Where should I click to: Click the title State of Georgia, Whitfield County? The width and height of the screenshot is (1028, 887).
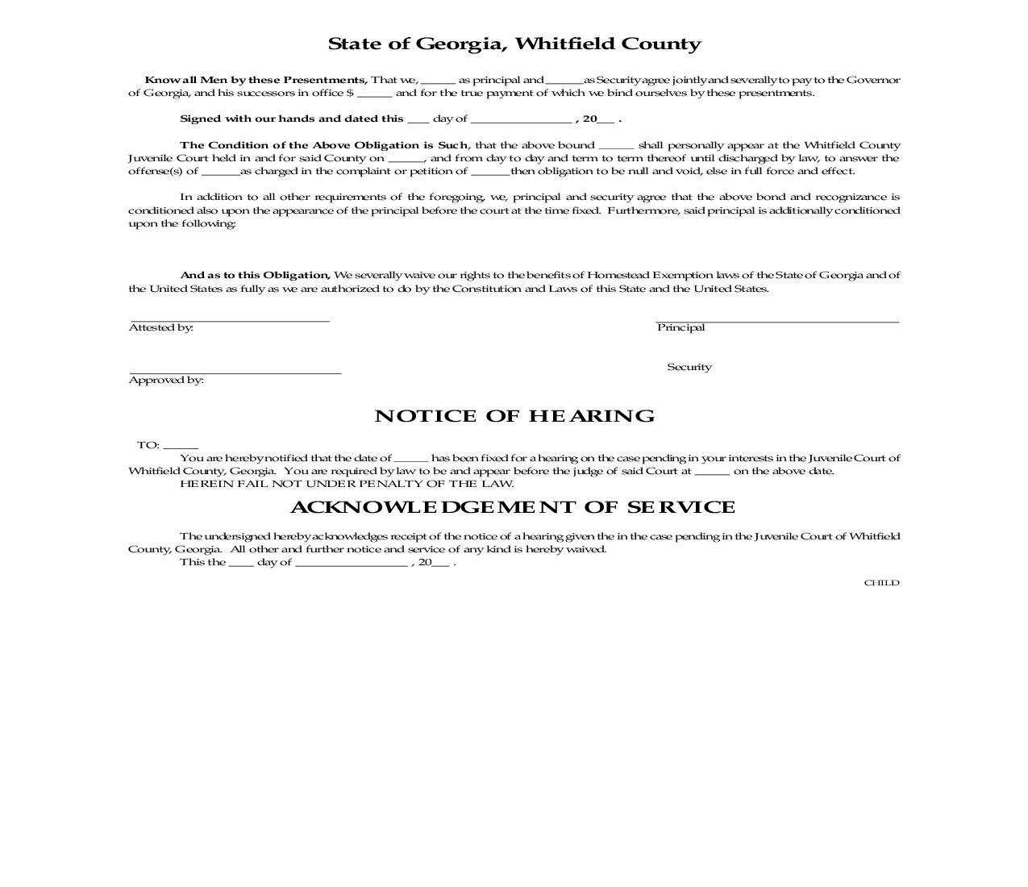click(514, 44)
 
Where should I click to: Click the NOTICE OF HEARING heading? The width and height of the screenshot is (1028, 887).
click(514, 416)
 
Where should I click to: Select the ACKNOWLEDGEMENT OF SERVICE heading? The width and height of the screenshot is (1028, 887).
click(513, 507)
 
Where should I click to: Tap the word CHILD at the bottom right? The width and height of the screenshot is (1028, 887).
click(881, 583)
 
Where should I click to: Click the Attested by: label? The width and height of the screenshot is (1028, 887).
click(161, 327)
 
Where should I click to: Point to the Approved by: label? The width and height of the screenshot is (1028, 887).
click(166, 380)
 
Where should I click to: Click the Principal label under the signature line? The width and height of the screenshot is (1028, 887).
click(680, 327)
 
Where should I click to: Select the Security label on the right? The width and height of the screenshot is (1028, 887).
click(689, 367)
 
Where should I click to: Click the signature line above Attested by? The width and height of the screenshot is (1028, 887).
click(230, 321)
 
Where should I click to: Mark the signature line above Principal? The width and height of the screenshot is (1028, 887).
click(777, 321)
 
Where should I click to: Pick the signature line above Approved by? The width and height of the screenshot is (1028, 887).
click(235, 373)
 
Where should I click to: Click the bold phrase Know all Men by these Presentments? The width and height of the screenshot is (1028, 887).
click(256, 80)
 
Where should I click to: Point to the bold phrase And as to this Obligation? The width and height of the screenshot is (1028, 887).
click(255, 275)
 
